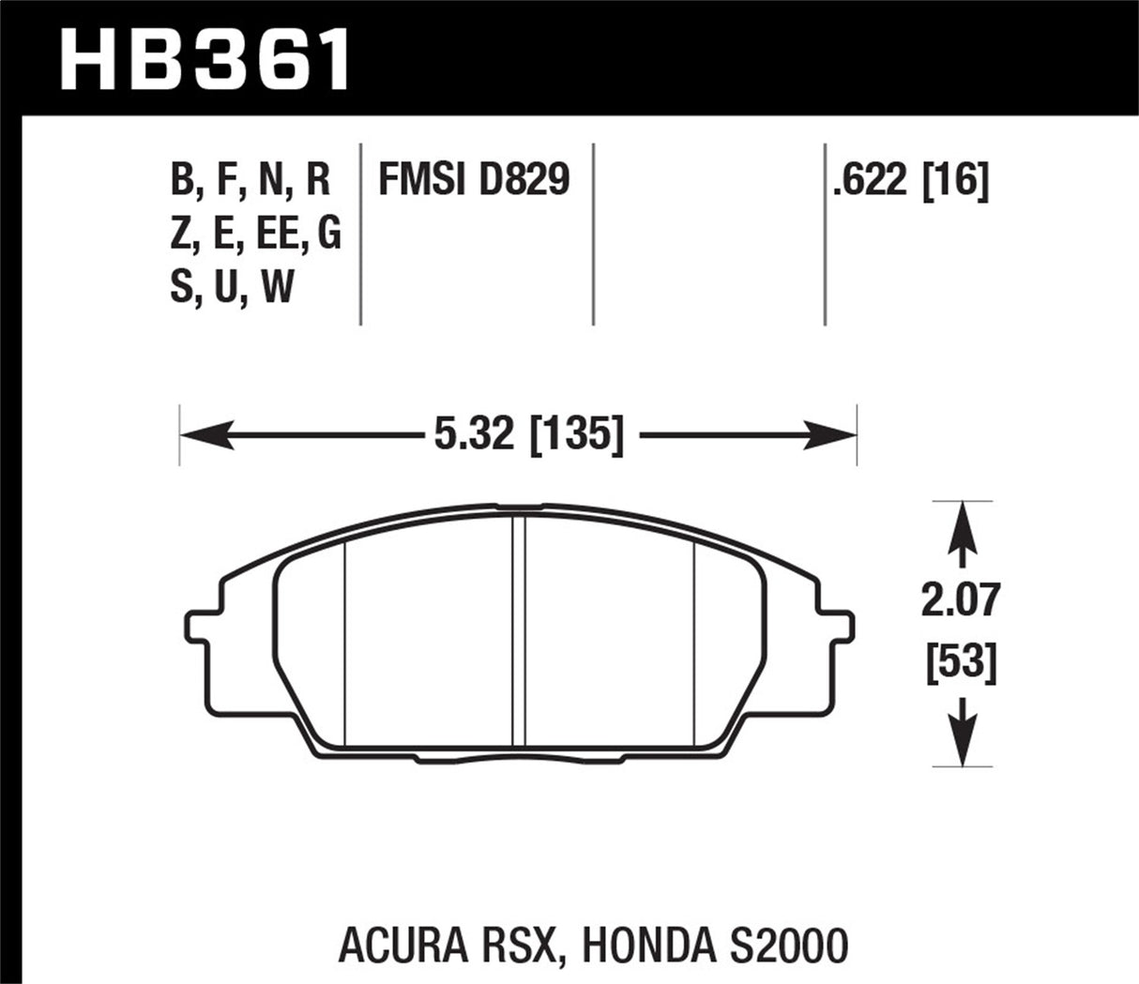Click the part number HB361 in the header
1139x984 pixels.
tap(205, 59)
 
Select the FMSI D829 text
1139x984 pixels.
tap(473, 179)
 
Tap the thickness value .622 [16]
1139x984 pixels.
tap(910, 179)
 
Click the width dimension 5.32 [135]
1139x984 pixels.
tap(528, 436)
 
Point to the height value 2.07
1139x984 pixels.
tap(959, 601)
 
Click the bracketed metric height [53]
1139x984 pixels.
tap(959, 664)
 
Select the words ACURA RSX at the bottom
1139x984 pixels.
tap(446, 946)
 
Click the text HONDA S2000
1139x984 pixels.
tap(715, 946)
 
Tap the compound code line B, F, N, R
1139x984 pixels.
tap(251, 179)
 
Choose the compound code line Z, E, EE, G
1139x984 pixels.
tap(255, 234)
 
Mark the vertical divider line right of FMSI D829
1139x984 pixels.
tap(593, 235)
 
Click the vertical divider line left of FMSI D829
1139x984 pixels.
tap(361, 235)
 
